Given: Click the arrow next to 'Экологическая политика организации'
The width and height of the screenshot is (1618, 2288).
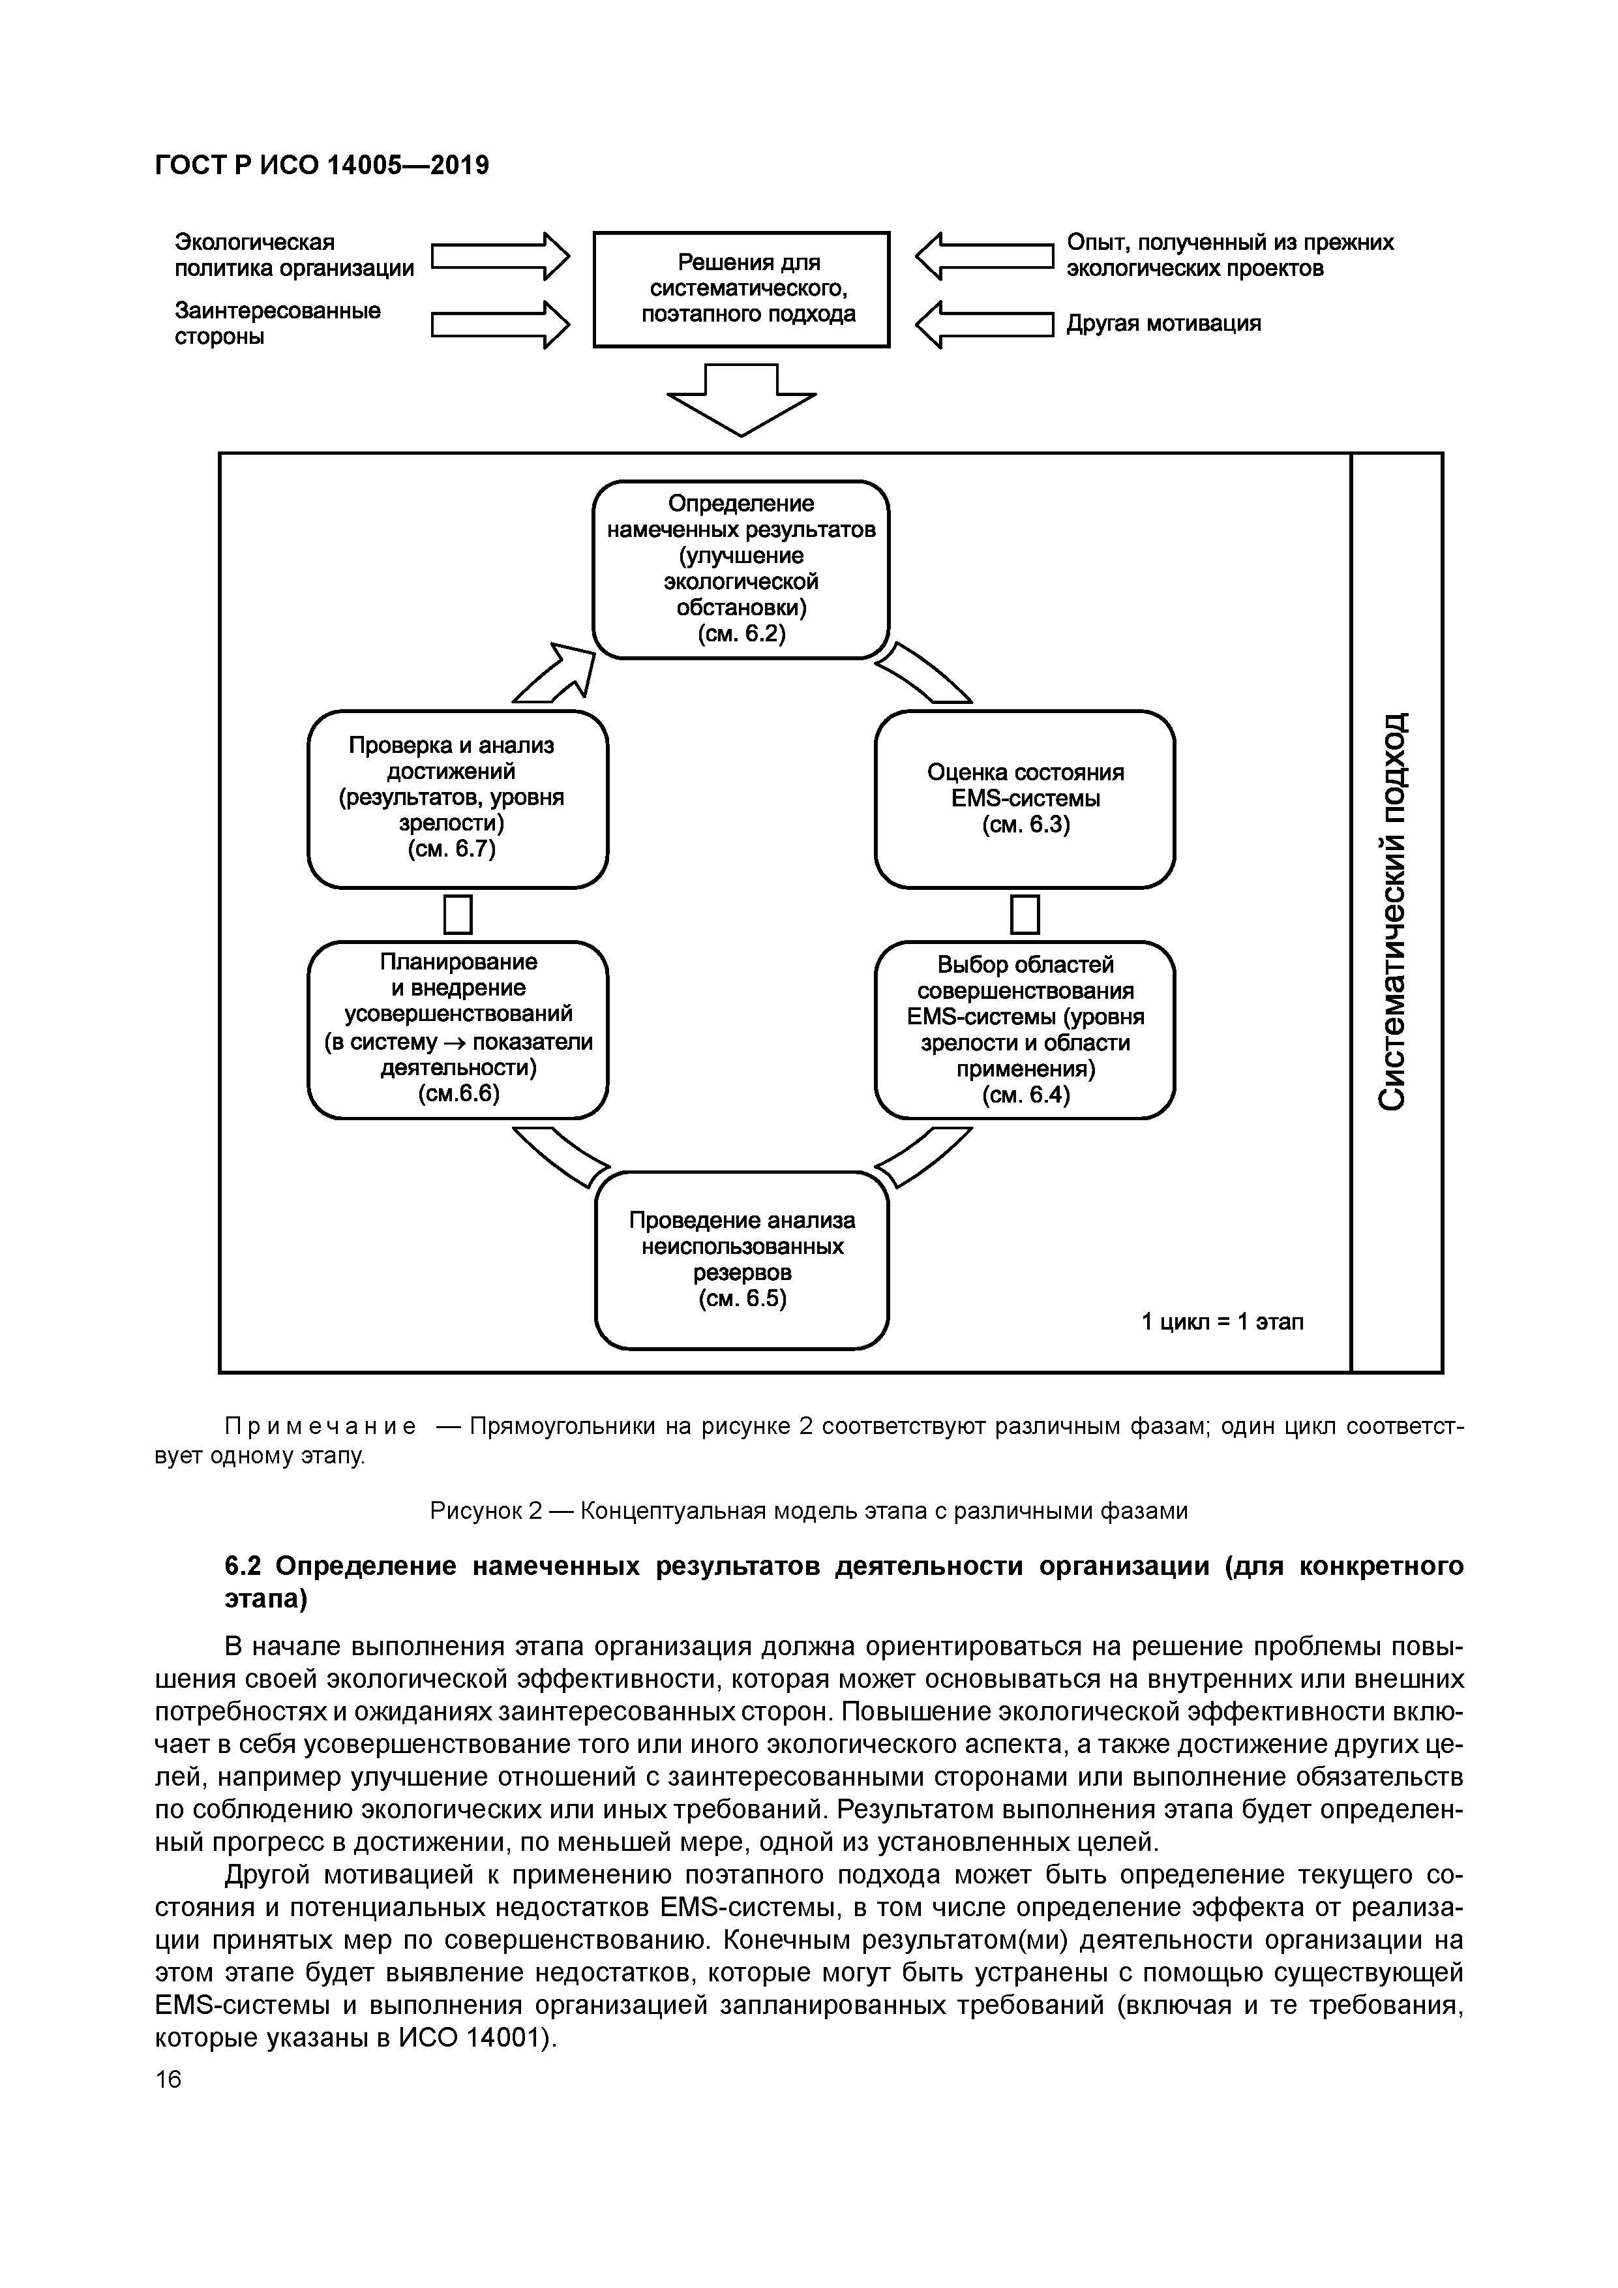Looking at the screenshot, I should (499, 257).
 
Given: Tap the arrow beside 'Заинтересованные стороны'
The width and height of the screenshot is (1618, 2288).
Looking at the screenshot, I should (499, 325).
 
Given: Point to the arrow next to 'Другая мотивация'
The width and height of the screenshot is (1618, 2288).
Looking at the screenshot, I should (984, 325).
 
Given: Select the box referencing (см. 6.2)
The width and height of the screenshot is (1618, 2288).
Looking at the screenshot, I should (742, 569).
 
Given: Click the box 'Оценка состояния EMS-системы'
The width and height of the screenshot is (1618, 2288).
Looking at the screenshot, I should (1025, 798).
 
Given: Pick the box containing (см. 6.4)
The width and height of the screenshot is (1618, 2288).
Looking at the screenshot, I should (1025, 1030).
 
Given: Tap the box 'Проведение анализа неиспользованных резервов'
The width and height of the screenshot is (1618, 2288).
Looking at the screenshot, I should (742, 1260).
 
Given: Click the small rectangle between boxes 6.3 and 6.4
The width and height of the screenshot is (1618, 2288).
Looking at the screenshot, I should (1025, 914).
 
